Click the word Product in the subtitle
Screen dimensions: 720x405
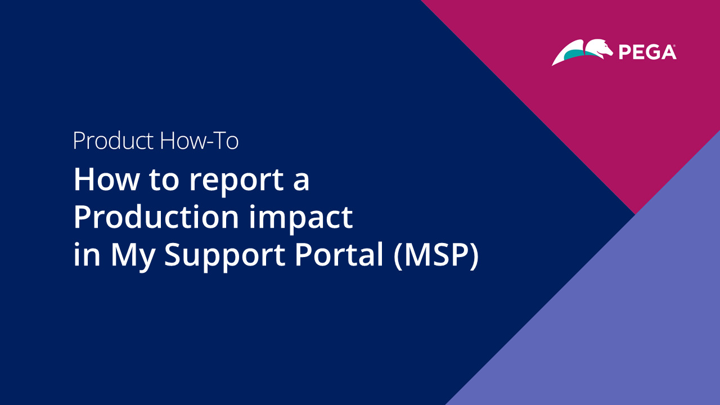[114, 141]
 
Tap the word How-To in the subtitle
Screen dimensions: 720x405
[199, 141]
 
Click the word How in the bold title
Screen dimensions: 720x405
[106, 179]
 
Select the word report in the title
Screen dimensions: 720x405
[237, 182]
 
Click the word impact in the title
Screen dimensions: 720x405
[301, 219]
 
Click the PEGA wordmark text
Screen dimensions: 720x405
[647, 52]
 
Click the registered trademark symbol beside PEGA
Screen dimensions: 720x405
[674, 46]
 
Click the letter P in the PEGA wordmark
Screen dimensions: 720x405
[624, 53]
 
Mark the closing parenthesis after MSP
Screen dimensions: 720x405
[474, 256]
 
